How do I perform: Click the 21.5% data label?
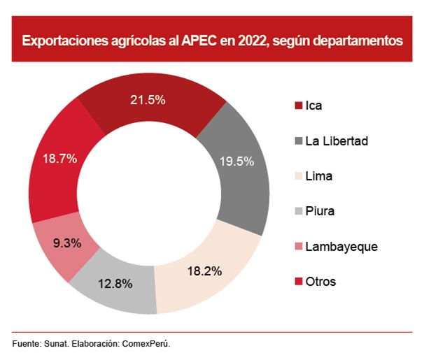(148, 100)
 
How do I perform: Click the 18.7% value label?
(59, 159)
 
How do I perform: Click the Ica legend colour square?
(299, 106)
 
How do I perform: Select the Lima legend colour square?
(299, 176)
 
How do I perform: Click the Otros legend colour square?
(299, 282)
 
